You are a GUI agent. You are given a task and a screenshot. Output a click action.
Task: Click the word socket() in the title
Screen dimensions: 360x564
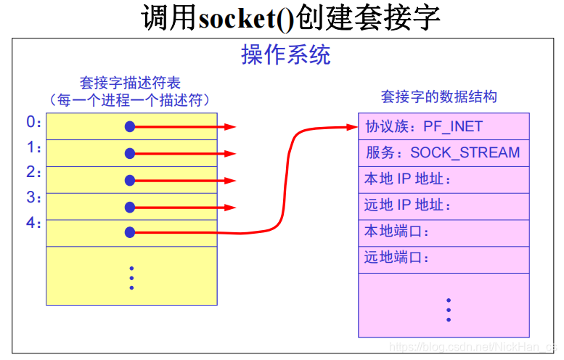(245, 18)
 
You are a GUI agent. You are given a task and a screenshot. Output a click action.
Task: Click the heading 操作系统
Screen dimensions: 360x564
(285, 55)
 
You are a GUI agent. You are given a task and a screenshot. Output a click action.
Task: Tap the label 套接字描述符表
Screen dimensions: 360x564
(130, 83)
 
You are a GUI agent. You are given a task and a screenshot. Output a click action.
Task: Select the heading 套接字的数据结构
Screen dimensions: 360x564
(438, 97)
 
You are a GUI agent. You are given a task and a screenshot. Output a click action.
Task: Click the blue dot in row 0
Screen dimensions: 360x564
(130, 127)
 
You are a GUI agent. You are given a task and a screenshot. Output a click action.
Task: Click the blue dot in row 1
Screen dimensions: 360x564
(130, 153)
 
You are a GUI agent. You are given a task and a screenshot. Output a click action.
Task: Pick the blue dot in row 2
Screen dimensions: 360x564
(130, 180)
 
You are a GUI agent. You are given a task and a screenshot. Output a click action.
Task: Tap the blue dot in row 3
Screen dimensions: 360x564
(130, 207)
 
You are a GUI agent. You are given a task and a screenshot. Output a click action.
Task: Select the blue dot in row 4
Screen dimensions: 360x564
(130, 232)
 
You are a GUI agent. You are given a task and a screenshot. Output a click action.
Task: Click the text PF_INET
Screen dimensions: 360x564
(454, 127)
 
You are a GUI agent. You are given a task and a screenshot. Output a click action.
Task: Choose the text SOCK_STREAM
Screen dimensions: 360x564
(465, 153)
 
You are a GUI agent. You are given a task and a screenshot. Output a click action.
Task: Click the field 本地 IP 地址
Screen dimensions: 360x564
(408, 179)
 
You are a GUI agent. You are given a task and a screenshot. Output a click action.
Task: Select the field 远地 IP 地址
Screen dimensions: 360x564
(408, 205)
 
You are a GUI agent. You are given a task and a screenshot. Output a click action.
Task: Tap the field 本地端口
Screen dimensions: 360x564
(397, 232)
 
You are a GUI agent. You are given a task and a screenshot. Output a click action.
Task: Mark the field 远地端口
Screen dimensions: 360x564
(397, 258)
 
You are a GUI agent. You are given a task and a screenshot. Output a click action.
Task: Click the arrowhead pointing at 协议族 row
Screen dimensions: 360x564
(351, 127)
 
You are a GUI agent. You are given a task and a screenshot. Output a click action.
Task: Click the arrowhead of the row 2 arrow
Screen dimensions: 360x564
(230, 180)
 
